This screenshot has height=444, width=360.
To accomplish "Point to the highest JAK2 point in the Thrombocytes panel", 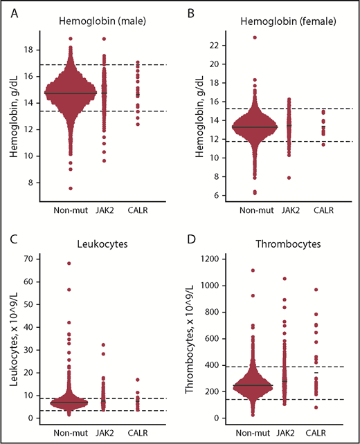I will [284, 279].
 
